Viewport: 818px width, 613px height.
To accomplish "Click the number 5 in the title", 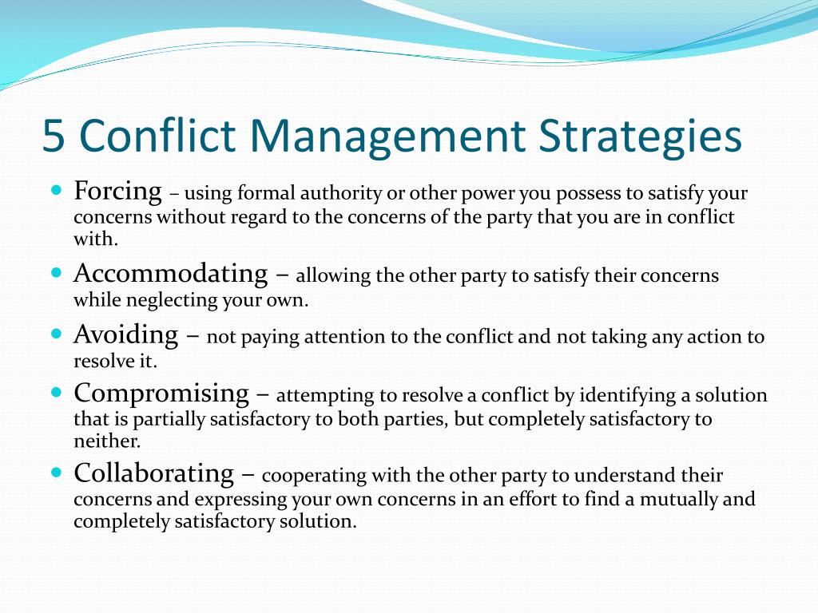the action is (54, 136).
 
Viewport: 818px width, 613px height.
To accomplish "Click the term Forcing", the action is (117, 192).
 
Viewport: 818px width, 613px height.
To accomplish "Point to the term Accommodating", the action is (171, 273).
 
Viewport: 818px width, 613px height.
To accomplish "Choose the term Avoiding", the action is (125, 334).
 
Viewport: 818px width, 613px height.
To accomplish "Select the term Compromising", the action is (161, 394).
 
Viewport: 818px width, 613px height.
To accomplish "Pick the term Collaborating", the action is (154, 473).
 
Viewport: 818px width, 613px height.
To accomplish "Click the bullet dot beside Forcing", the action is (57, 189).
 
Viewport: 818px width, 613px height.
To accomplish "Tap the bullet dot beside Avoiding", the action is (57, 333).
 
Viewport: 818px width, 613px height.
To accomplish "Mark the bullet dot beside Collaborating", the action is (57, 473).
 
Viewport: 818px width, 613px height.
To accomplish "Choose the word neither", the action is (107, 441).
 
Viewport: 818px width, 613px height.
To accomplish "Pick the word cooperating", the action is (314, 476).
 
